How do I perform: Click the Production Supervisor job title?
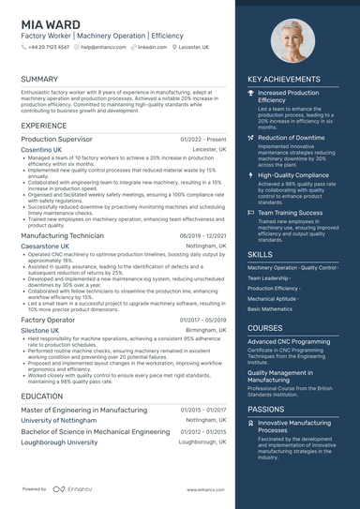point(56,139)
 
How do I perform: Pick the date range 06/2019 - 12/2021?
point(203,236)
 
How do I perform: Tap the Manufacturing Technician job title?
point(62,236)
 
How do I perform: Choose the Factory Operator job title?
point(48,320)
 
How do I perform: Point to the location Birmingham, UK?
point(205,330)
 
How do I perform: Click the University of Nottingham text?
point(59,420)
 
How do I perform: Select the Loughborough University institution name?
point(59,442)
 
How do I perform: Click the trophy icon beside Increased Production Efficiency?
point(250,94)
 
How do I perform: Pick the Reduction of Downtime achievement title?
point(291,138)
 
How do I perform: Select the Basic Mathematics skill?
point(269,308)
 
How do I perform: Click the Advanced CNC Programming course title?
point(289,342)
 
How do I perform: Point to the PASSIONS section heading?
point(265,409)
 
